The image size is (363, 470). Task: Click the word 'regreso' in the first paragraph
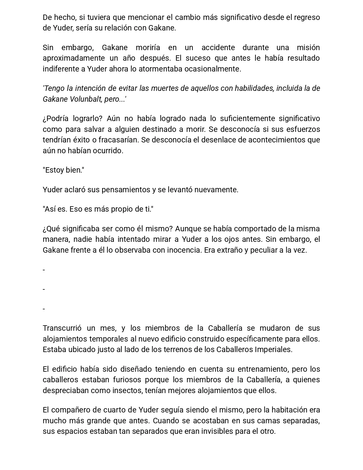coord(307,17)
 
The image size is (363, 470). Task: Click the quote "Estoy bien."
coord(63,170)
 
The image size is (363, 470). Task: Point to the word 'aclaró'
coord(75,190)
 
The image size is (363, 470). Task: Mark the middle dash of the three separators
coord(44,289)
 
